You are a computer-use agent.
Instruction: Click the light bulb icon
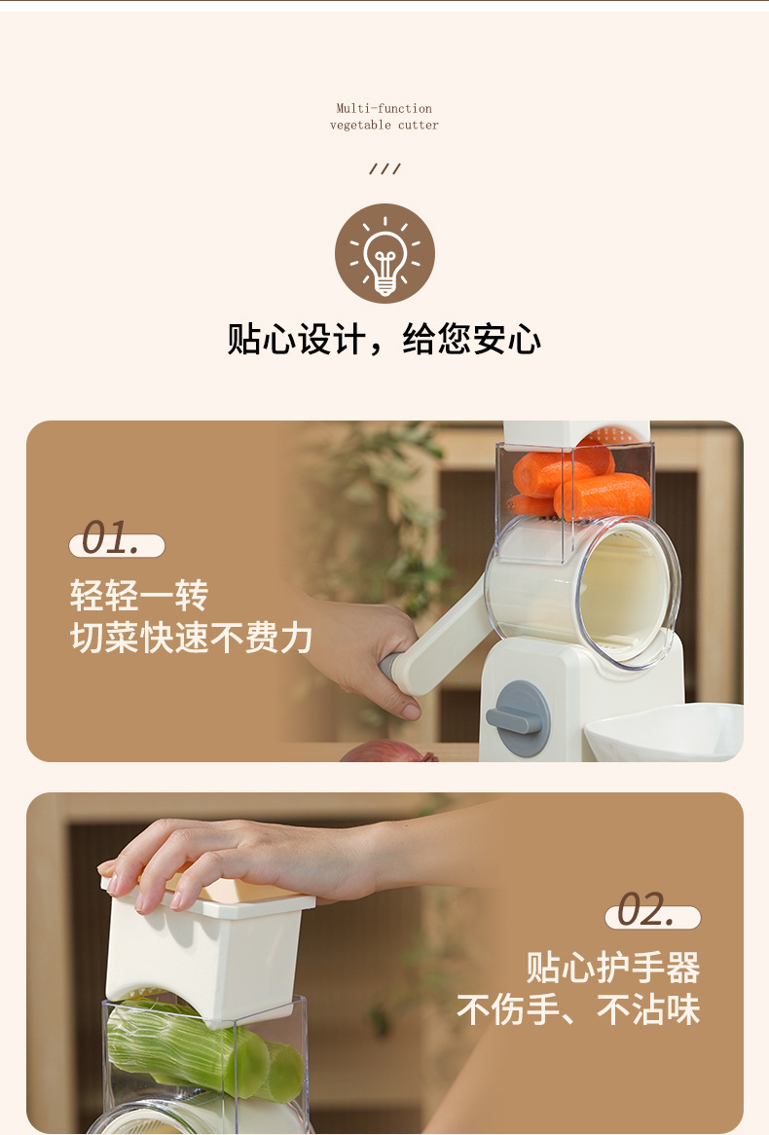(x=384, y=253)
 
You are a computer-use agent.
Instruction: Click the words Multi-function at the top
(x=384, y=108)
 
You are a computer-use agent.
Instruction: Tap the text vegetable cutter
(x=384, y=125)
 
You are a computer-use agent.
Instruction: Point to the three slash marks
(x=384, y=168)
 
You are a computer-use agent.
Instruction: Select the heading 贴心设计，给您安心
(x=384, y=340)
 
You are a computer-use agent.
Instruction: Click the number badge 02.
(x=652, y=912)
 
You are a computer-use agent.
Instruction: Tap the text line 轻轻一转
(x=138, y=595)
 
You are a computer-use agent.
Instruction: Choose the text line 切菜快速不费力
(x=191, y=638)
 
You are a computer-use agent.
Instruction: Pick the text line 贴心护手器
(x=613, y=968)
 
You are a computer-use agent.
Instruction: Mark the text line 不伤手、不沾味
(x=578, y=1009)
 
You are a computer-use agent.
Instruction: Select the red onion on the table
(x=388, y=751)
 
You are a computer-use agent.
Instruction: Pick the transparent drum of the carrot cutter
(x=584, y=594)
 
